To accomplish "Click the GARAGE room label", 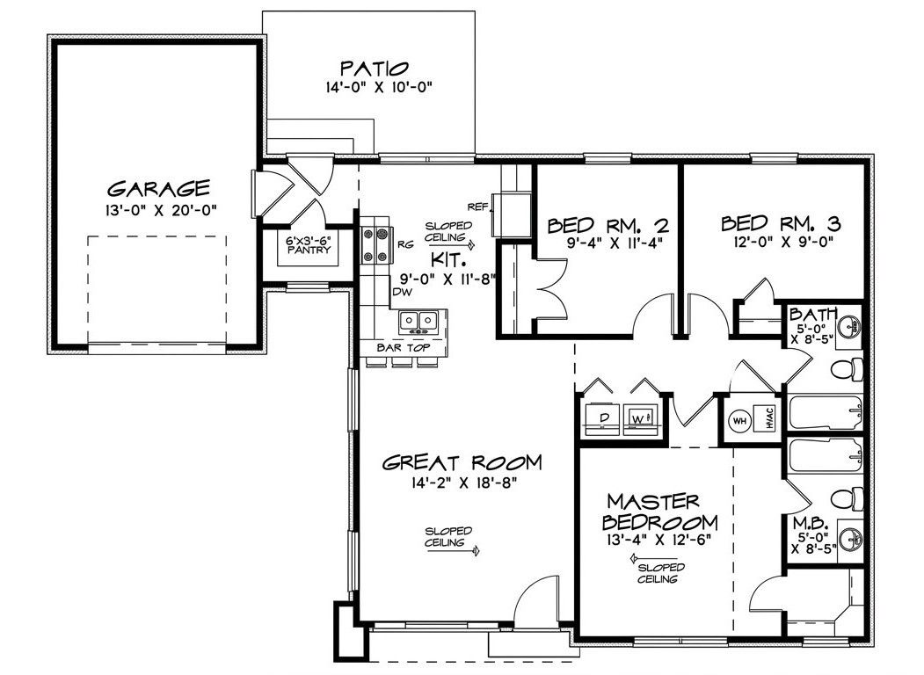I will pyautogui.click(x=158, y=187).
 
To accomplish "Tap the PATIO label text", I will pyautogui.click(x=375, y=68).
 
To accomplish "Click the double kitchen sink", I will pyautogui.click(x=417, y=322).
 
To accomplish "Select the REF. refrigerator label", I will pyautogui.click(x=477, y=207).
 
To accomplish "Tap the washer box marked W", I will pyautogui.click(x=638, y=419).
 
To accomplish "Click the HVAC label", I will pyautogui.click(x=767, y=419).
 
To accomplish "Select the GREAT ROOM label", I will pyautogui.click(x=462, y=462).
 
